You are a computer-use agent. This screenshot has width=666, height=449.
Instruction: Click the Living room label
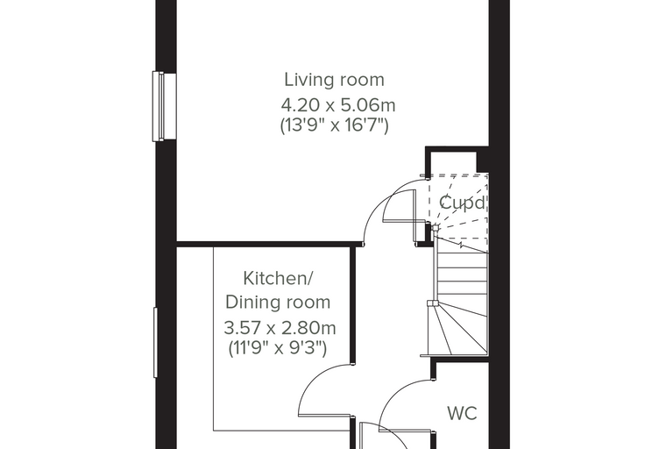[x=334, y=80]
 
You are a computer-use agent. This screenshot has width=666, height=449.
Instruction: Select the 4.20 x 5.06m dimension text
[x=338, y=105]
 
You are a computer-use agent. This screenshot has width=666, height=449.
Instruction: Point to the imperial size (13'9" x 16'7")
[x=334, y=125]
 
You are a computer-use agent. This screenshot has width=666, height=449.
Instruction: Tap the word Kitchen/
[x=278, y=279]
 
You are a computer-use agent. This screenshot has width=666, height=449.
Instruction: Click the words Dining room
[x=278, y=303]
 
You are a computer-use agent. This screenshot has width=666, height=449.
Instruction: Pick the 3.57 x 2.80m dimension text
[x=280, y=328]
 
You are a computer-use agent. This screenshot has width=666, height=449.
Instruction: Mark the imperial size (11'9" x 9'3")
[x=278, y=348]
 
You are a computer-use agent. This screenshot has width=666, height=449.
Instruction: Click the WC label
[x=462, y=413]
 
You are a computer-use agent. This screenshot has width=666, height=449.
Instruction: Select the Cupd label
[x=462, y=203]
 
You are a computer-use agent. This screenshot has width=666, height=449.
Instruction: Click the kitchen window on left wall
[x=155, y=342]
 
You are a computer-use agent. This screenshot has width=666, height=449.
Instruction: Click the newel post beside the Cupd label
[x=435, y=228]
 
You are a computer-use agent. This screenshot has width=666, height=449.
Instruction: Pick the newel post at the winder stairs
[x=432, y=303]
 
